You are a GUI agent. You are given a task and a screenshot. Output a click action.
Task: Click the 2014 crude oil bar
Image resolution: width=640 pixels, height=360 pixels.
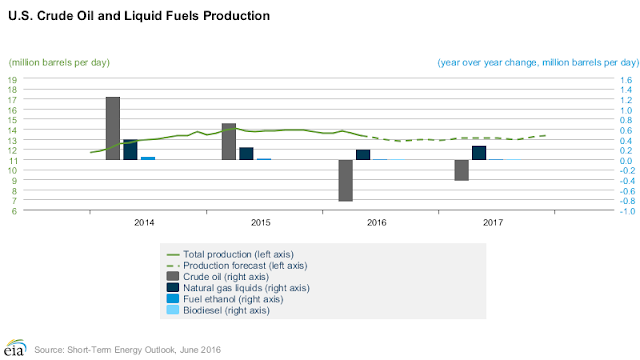tap(113, 128)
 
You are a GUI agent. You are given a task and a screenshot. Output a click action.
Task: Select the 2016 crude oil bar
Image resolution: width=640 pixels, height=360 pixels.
tap(346, 180)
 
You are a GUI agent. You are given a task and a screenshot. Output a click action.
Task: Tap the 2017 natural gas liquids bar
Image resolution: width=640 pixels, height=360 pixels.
tap(479, 153)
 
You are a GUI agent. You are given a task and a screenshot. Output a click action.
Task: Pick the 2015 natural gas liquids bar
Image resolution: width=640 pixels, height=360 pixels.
tap(246, 153)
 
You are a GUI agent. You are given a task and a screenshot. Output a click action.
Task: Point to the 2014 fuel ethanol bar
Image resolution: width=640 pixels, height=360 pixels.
tap(148, 158)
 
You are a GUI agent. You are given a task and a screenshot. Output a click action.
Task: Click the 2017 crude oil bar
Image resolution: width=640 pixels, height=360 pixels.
tap(462, 170)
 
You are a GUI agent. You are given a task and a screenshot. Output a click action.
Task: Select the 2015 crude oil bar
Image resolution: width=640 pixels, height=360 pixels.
tap(229, 141)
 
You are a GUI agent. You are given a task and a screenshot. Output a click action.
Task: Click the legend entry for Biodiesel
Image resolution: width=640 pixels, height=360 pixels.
tap(218, 310)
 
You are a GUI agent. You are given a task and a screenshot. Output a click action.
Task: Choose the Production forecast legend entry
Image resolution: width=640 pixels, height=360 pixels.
tap(237, 266)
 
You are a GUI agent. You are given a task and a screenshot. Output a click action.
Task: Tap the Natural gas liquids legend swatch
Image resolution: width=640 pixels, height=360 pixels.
tap(173, 288)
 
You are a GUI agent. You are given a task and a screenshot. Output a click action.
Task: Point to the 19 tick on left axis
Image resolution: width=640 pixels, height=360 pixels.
tap(12, 80)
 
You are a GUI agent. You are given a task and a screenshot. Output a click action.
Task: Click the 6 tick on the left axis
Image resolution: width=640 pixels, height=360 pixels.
tap(14, 211)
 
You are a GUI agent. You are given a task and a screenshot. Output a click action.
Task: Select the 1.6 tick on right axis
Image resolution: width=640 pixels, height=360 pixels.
tap(626, 80)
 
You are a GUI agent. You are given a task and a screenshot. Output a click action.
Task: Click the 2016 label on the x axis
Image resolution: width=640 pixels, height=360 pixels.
tap(377, 222)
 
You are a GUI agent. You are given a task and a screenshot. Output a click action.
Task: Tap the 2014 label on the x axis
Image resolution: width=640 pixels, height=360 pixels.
tap(144, 222)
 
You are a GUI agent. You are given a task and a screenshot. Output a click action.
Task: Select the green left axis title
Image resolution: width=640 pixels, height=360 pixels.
tap(59, 62)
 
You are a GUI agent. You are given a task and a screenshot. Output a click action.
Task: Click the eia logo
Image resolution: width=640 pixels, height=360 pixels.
tap(15, 347)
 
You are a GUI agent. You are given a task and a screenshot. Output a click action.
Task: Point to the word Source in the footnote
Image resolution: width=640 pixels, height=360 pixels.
tap(49, 350)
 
